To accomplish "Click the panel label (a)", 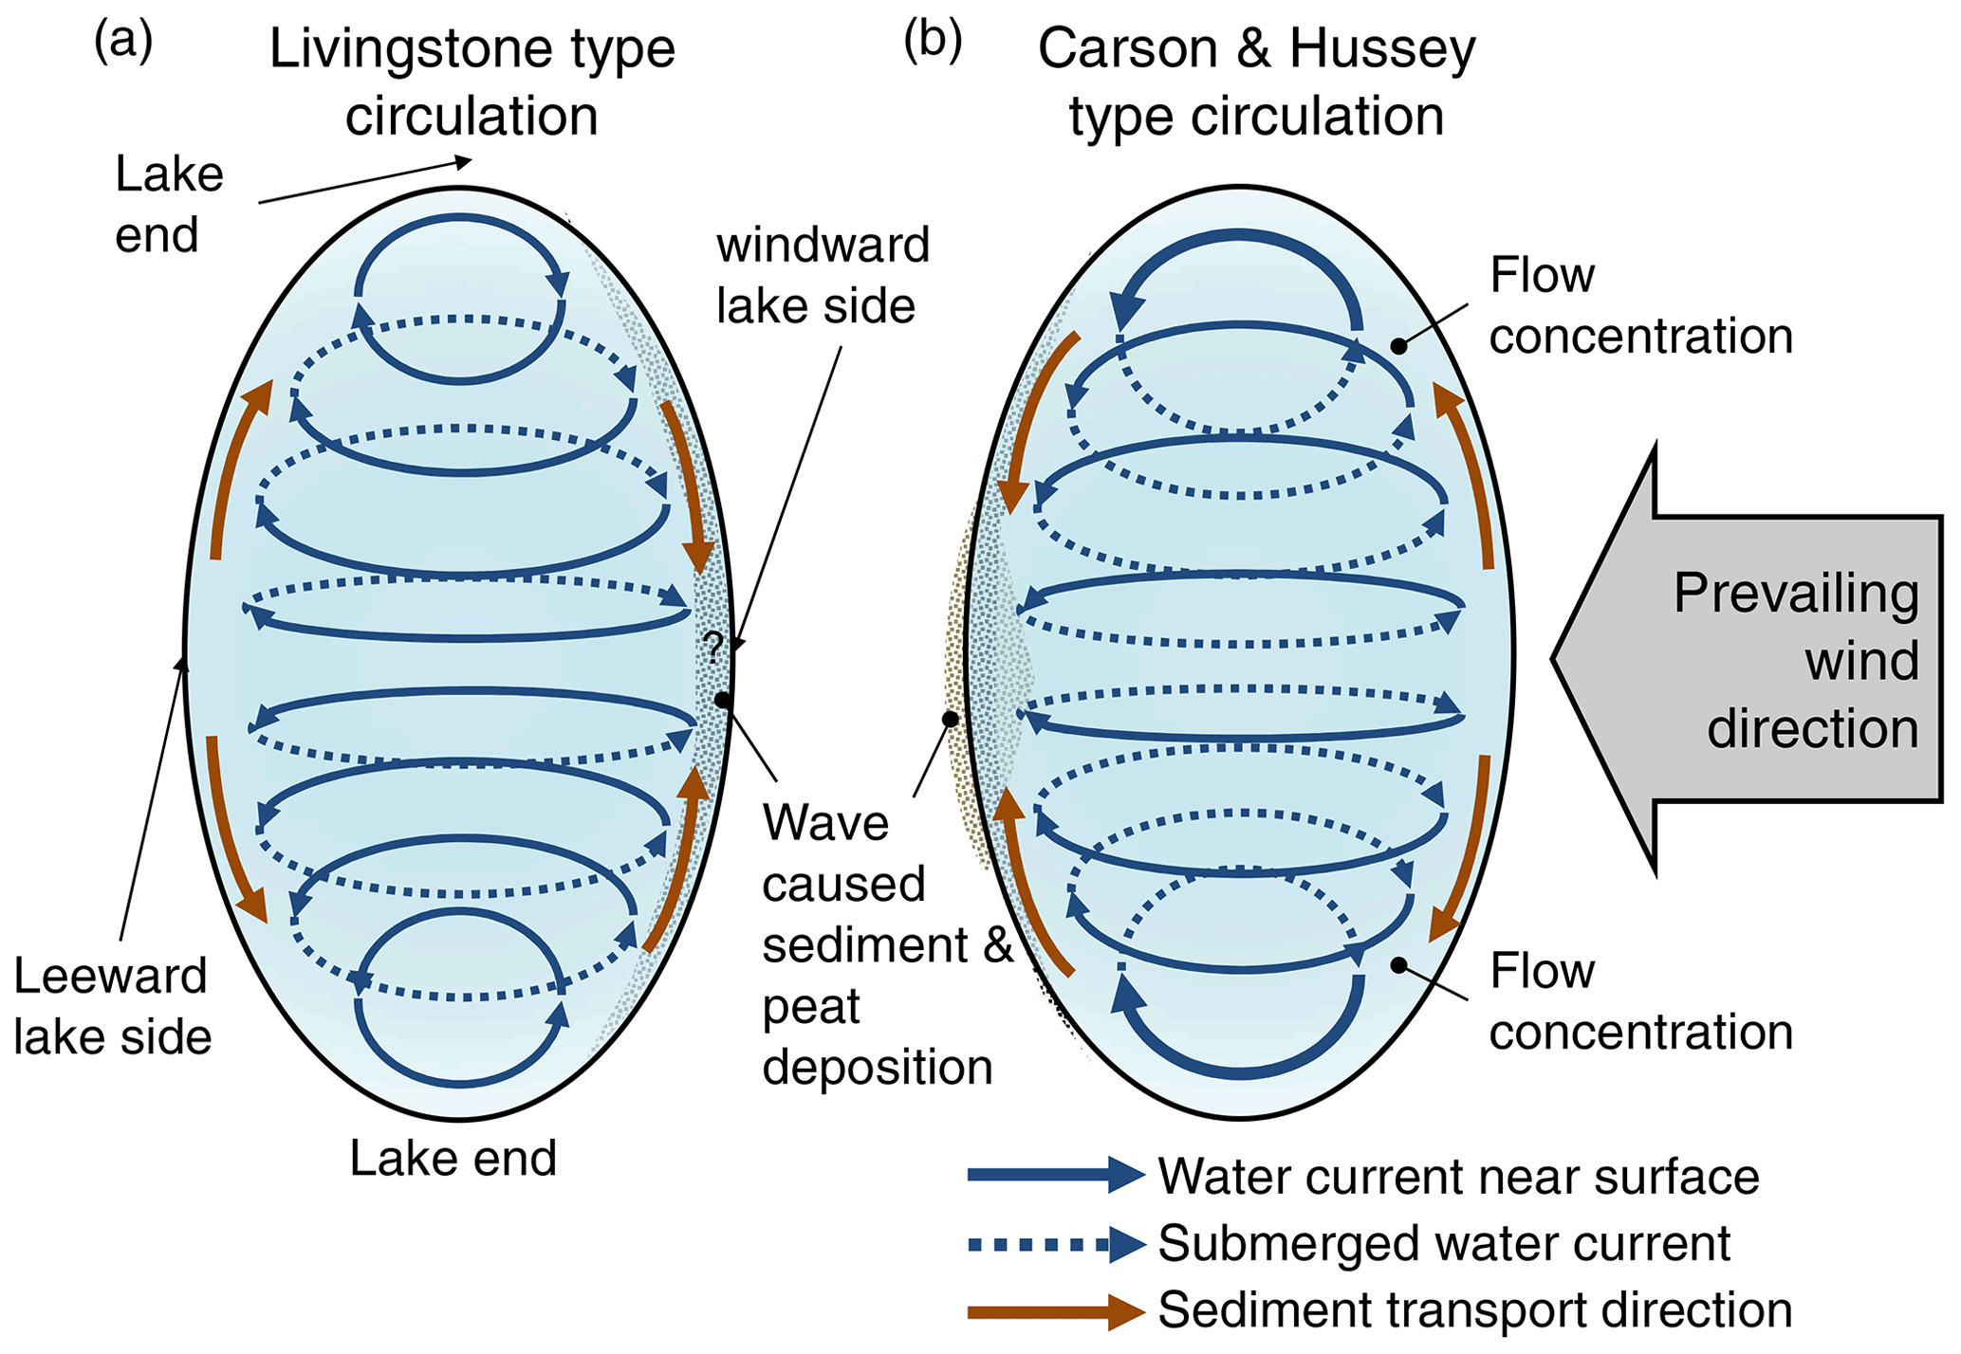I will pos(122,43).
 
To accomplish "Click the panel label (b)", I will pos(933,43).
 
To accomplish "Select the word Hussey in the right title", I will pos(1382,49).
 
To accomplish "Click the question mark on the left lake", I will pos(713,649).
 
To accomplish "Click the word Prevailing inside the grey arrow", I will pos(1796,594).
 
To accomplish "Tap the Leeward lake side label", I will pos(112,1006).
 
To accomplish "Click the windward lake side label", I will pos(822,275).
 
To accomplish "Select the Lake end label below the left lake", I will pos(453,1158).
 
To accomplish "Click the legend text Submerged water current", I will pos(1444,1243).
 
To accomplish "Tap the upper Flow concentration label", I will pos(1639,305).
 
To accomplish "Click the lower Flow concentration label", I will pos(1639,1000).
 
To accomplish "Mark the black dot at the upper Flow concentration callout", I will pos(1398,346).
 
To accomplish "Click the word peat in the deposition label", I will pos(811,1008).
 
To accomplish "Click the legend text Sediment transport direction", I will pos(1474,1310).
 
